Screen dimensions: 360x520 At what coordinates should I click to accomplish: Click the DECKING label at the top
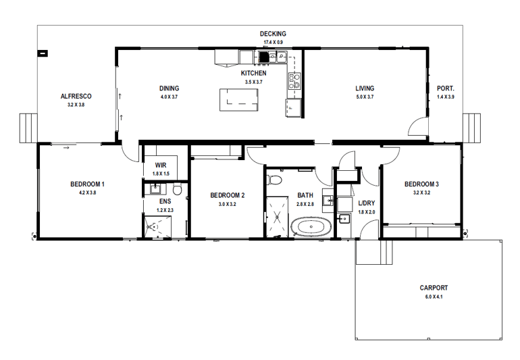point(273,34)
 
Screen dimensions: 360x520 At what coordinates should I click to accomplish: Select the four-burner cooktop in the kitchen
point(294,81)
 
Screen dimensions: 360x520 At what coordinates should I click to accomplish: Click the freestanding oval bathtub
point(310,227)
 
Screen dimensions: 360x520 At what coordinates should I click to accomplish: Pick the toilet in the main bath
point(274,182)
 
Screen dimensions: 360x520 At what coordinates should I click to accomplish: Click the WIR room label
point(161,165)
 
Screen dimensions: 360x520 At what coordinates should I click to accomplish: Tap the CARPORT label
point(433,288)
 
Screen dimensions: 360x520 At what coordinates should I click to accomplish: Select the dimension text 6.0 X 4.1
point(433,297)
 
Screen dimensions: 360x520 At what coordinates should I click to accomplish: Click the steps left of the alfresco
point(28,127)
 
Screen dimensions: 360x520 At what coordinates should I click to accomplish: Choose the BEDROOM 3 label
point(421,184)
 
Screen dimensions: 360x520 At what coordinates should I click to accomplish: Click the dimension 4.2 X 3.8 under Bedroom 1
point(87,192)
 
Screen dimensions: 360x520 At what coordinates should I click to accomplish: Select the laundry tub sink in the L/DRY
point(344,218)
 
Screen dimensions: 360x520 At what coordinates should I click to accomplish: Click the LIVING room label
point(365,88)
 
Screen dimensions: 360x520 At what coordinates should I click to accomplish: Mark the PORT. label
point(446,88)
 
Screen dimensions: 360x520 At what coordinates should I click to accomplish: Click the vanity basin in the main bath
point(328,200)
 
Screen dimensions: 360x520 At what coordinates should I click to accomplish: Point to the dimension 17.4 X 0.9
point(273,43)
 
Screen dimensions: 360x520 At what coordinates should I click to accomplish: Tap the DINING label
point(169,88)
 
